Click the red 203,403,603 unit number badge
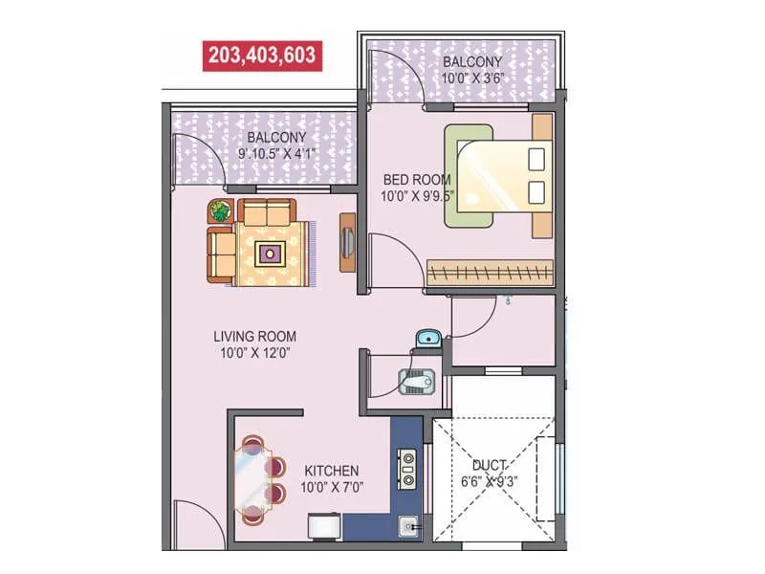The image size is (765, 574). point(260,55)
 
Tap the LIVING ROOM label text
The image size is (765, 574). point(254,336)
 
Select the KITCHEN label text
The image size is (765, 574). point(332,471)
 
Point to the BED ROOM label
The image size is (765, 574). point(418,179)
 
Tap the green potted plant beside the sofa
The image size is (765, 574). point(221,210)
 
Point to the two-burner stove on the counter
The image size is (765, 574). point(407,468)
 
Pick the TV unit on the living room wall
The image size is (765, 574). point(348,243)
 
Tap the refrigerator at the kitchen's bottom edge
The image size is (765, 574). point(321,528)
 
